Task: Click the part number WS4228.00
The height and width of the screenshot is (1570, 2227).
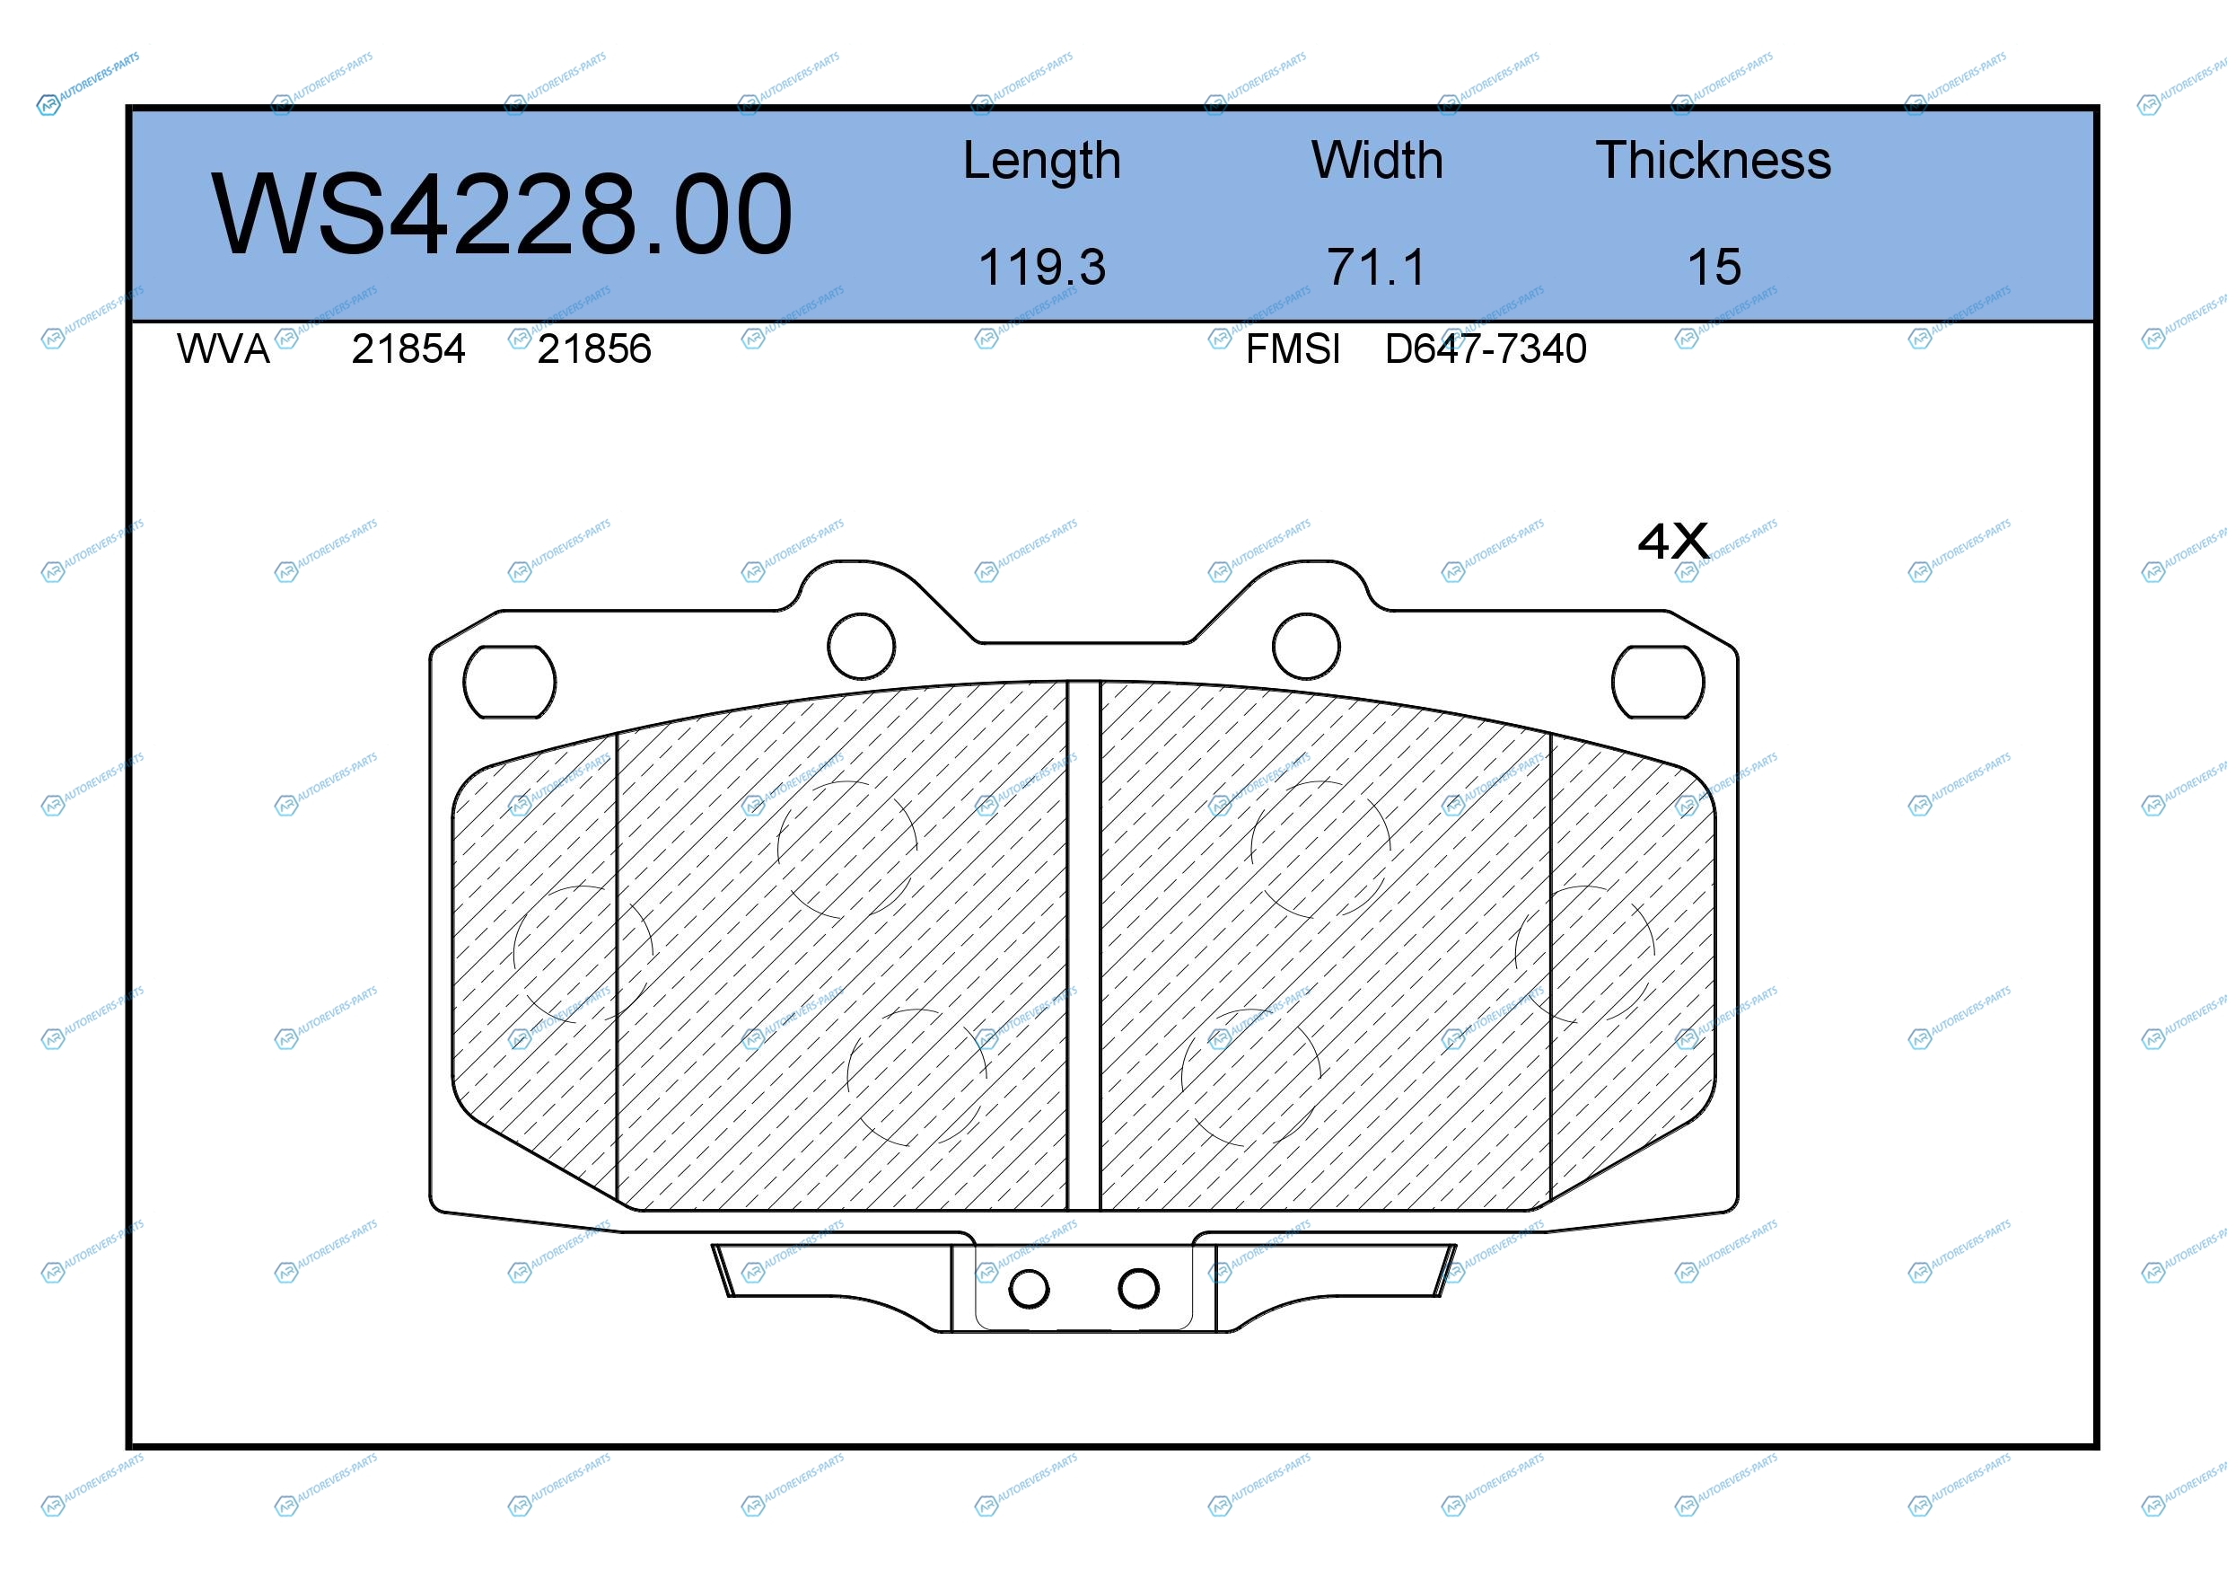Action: click(502, 215)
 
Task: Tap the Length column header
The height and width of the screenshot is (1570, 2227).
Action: click(1042, 161)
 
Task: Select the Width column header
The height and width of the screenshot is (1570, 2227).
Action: click(1377, 160)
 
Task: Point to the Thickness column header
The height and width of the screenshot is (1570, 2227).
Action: click(1714, 160)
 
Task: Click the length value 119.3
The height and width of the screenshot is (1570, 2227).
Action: click(1042, 267)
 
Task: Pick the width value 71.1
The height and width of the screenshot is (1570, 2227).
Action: click(1377, 267)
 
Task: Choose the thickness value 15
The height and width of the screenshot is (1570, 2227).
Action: click(1714, 267)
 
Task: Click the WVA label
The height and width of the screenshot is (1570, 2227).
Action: click(224, 349)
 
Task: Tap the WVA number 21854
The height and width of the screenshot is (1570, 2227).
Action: click(408, 349)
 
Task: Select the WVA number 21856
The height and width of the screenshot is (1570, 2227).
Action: click(594, 349)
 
